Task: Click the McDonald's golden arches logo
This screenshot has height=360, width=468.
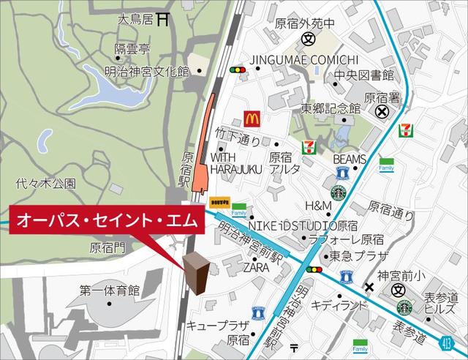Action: (x=252, y=117)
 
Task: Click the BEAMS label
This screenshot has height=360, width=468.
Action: (x=349, y=159)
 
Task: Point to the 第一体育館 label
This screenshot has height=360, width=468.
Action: (x=110, y=291)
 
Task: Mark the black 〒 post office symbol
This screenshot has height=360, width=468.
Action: (x=294, y=347)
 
